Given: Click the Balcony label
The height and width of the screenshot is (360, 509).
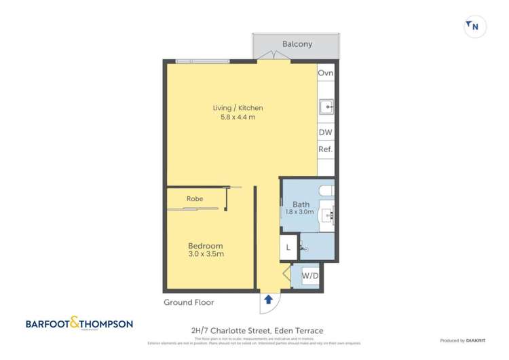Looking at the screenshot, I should (297, 44).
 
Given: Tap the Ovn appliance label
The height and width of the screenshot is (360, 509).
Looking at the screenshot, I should (326, 73).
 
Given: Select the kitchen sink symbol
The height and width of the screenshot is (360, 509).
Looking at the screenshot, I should (326, 106).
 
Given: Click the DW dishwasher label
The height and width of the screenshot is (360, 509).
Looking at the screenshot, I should (326, 134).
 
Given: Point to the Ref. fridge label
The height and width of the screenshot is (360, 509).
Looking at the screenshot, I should (326, 149).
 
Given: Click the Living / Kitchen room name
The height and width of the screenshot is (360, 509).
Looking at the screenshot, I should (238, 107).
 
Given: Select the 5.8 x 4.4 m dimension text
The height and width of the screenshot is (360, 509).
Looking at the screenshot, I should (238, 118).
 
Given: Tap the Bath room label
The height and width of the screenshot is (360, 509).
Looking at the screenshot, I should (301, 204).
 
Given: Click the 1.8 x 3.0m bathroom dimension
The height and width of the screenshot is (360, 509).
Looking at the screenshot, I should (301, 212).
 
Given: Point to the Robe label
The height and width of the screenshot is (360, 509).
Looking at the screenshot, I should (195, 198).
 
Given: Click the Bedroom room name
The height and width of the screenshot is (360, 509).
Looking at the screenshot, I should (205, 245).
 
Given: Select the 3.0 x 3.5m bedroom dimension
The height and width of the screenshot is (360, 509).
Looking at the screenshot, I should (205, 254).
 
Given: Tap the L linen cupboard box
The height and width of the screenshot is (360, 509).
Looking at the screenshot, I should (288, 248).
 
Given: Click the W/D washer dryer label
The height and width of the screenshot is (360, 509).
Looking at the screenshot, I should (310, 276).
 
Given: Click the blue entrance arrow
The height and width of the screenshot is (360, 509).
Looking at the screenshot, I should (268, 299).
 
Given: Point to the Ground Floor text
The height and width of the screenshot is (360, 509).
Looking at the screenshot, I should (188, 302).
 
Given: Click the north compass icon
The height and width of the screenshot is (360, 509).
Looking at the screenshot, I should (472, 26).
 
